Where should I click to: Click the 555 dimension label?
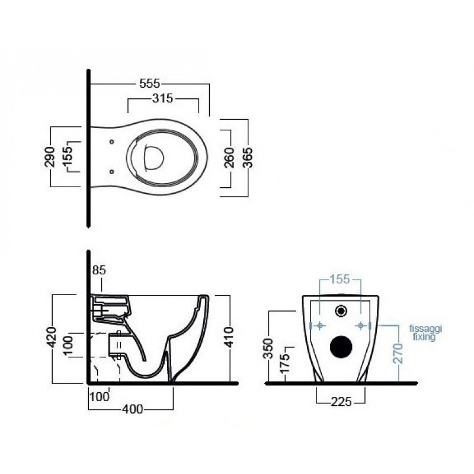(x=149, y=84)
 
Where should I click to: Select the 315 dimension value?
(x=162, y=98)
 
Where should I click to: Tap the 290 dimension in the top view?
(x=50, y=156)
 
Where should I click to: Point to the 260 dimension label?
(x=230, y=158)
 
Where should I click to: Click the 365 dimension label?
(x=248, y=158)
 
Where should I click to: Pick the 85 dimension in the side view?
(x=99, y=270)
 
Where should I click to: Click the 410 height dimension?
(x=229, y=337)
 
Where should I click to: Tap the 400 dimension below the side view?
(x=132, y=409)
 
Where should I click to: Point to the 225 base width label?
(x=341, y=402)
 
